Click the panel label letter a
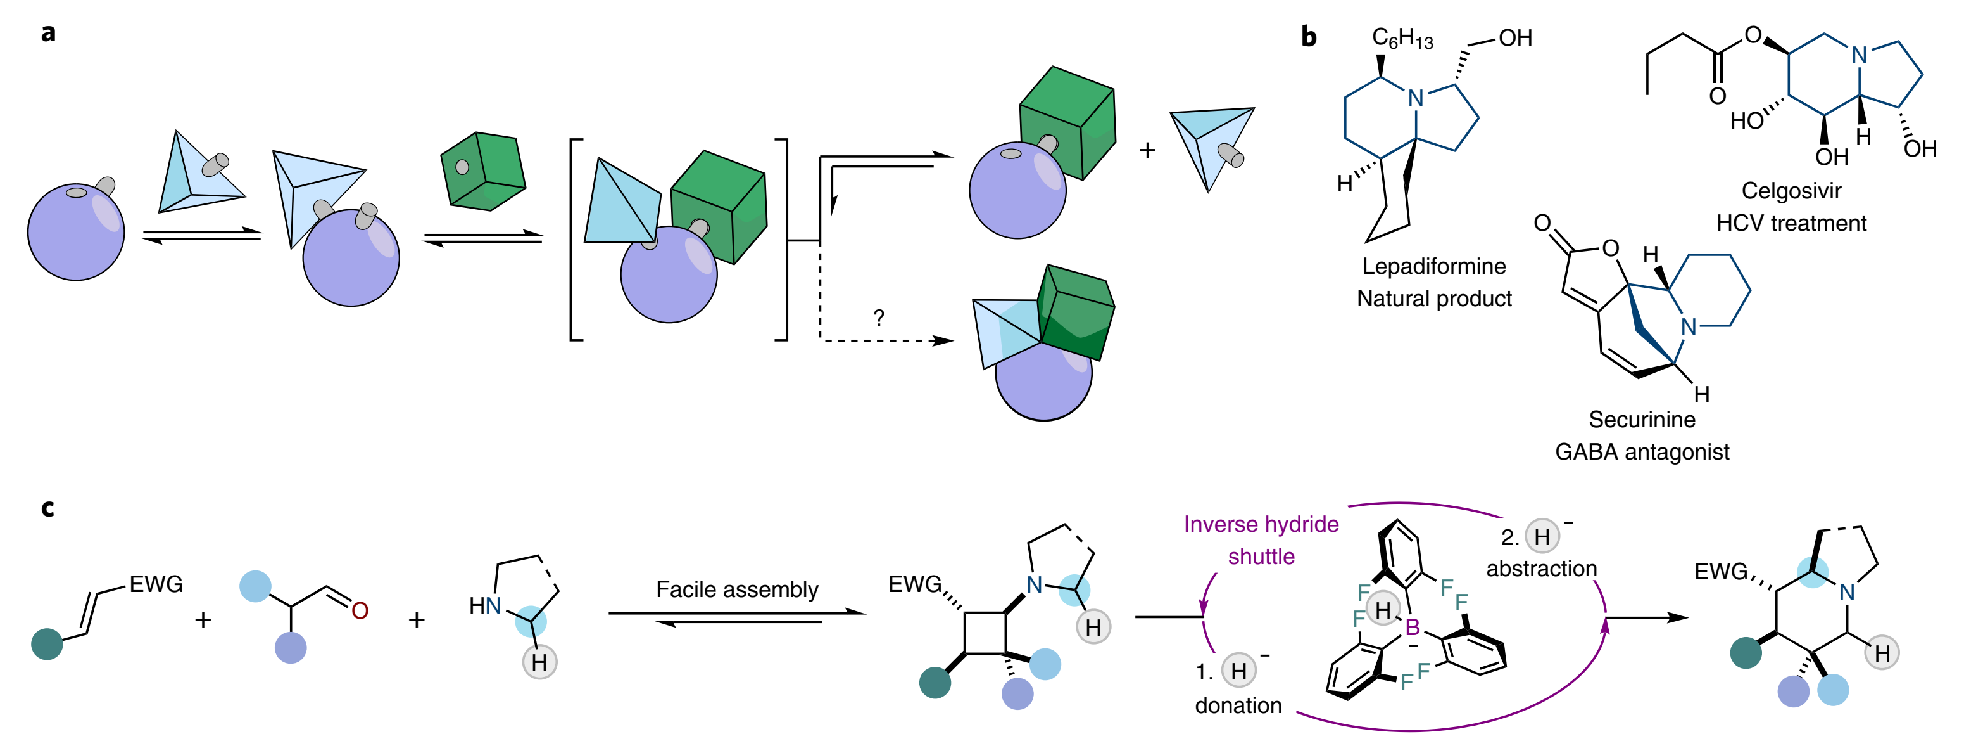(49, 34)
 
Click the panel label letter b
(1308, 36)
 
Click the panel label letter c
(47, 508)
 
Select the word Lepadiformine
(1433, 266)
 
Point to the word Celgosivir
(1791, 191)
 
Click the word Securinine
(1642, 420)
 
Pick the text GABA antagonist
(1642, 453)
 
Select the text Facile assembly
(736, 589)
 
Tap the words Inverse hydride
(1261, 524)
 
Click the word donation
(1238, 705)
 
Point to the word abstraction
(1541, 569)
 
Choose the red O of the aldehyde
(360, 610)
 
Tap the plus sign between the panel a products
(1147, 150)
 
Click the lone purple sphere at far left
(75, 232)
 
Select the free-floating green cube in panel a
(483, 172)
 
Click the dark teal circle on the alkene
(46, 644)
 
